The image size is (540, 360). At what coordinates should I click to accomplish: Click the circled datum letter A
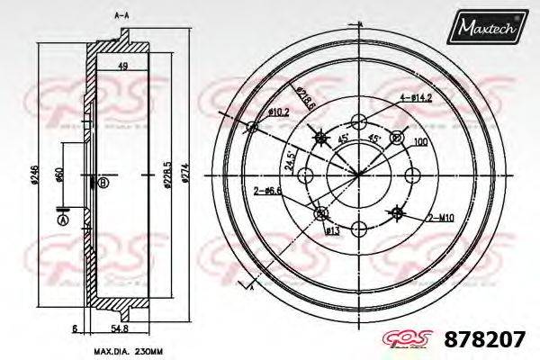tap(62, 220)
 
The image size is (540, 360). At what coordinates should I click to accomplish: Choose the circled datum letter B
tap(103, 184)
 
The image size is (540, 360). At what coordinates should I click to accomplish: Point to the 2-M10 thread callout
tap(440, 217)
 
